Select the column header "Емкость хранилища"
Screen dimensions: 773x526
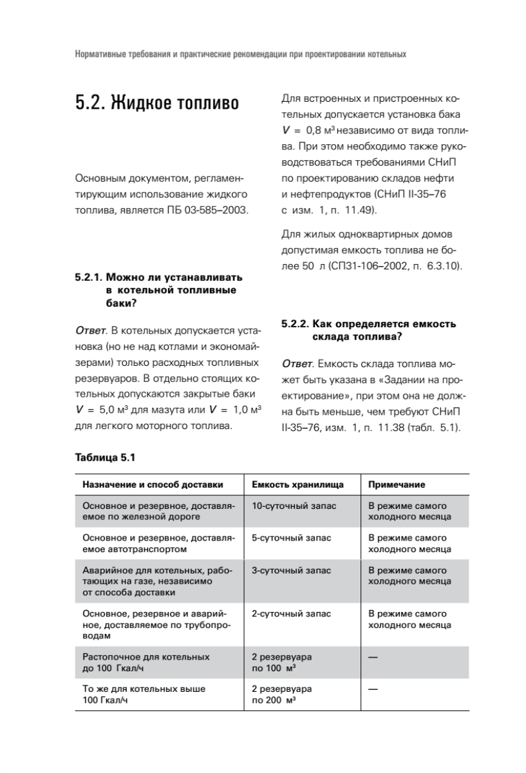point(297,484)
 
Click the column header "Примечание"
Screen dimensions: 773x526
point(397,484)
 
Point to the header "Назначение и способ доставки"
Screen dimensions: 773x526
point(153,484)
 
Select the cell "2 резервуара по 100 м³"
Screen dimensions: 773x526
point(281,662)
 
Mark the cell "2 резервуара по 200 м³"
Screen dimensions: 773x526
point(281,694)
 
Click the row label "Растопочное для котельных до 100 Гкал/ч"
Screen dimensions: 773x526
point(146,662)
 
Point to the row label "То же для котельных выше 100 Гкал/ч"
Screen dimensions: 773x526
point(144,694)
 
